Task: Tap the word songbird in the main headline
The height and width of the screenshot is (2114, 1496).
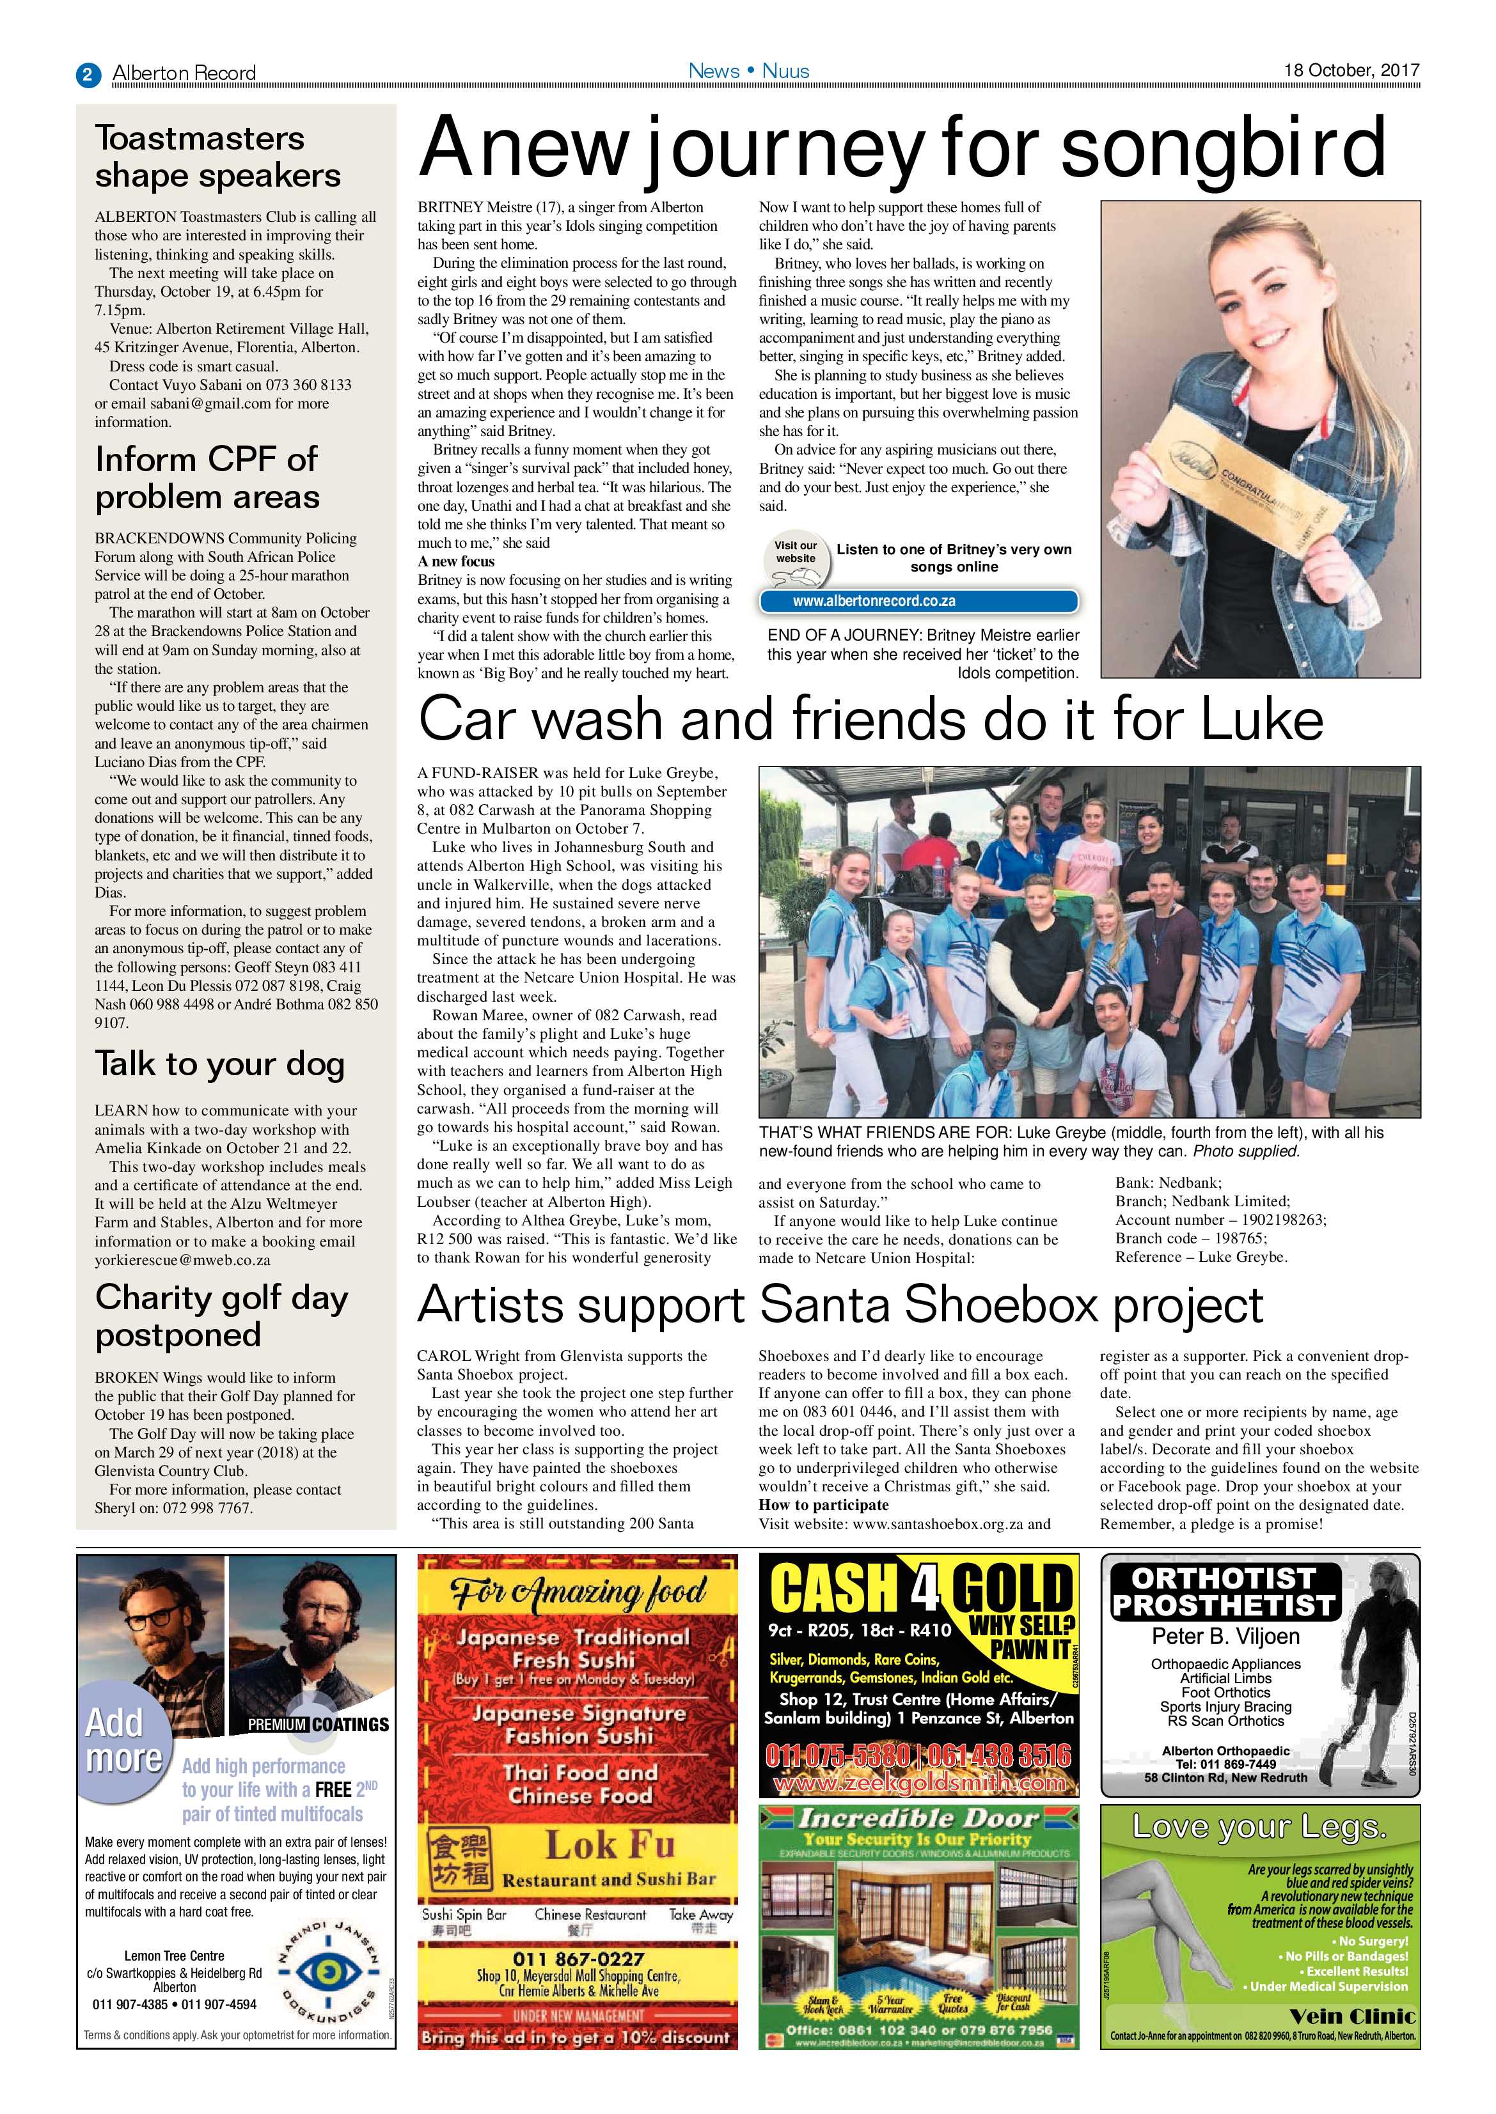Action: (1224, 147)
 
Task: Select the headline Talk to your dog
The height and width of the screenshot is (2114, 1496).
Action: (219, 1064)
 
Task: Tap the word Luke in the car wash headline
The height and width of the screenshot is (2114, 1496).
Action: (1261, 719)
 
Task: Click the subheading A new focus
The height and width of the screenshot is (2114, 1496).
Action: (456, 562)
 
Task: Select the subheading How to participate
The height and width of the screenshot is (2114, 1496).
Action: (824, 1505)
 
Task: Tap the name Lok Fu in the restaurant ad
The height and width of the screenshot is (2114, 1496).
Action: (610, 1845)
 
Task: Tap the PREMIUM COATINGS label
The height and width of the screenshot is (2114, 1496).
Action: (318, 1725)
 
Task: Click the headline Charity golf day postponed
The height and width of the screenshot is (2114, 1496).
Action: (221, 1316)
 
